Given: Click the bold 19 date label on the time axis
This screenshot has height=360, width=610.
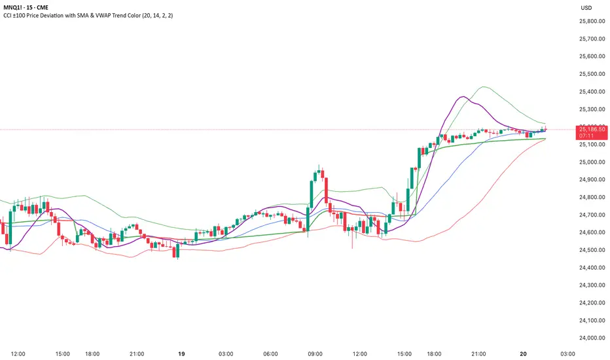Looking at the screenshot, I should coord(181,353).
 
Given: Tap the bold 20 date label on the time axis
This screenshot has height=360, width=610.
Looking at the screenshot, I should coord(523,353).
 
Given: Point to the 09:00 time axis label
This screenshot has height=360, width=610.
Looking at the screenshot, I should coord(315,353).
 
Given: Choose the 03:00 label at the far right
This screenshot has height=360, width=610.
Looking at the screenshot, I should coord(568,353).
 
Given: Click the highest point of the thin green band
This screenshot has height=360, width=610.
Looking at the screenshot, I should coord(484,86).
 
